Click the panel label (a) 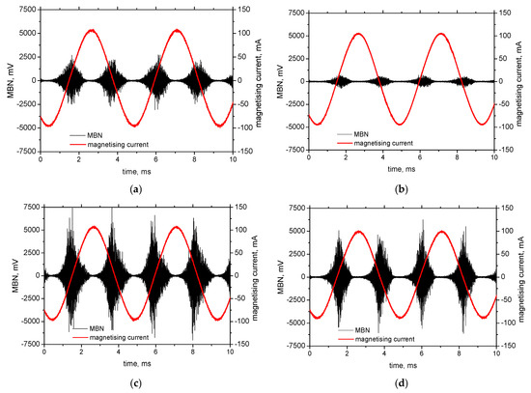pyautogui.click(x=136, y=189)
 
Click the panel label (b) pyautogui.click(x=402, y=189)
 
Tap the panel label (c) pyautogui.click(x=136, y=383)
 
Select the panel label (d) pyautogui.click(x=402, y=383)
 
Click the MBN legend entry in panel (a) pyautogui.click(x=86, y=135)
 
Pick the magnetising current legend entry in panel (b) pyautogui.click(x=375, y=143)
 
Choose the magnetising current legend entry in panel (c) pyautogui.click(x=110, y=337)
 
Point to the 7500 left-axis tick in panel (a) pyautogui.click(x=28, y=10)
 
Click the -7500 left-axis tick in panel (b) pyautogui.click(x=295, y=150)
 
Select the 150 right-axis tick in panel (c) pyautogui.click(x=240, y=207)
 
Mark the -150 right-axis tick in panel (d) pyautogui.click(x=507, y=346)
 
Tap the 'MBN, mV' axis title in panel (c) pyautogui.click(x=14, y=275)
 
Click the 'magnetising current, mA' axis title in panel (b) pyautogui.click(x=519, y=81)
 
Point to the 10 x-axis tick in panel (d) pyautogui.click(x=496, y=354)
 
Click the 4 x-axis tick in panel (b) pyautogui.click(x=382, y=158)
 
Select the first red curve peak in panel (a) pyautogui.click(x=92, y=30)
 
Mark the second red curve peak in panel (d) pyautogui.click(x=442, y=232)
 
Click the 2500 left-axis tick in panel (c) pyautogui.click(x=32, y=253)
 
